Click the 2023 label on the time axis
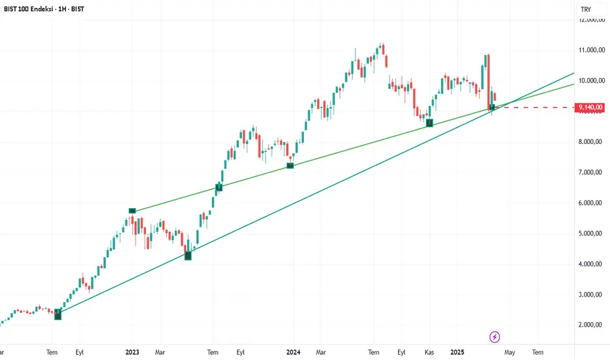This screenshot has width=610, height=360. (132, 352)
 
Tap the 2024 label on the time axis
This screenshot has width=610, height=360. (293, 352)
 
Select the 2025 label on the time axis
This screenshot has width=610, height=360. (457, 352)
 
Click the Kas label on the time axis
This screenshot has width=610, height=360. (429, 352)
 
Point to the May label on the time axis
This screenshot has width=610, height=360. (510, 352)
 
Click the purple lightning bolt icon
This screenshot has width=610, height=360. (495, 337)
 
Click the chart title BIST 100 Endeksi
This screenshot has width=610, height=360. (29, 10)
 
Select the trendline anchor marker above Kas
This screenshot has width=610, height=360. (429, 122)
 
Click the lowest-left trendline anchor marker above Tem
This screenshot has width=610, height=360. (58, 315)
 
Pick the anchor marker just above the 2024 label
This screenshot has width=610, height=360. (290, 166)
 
